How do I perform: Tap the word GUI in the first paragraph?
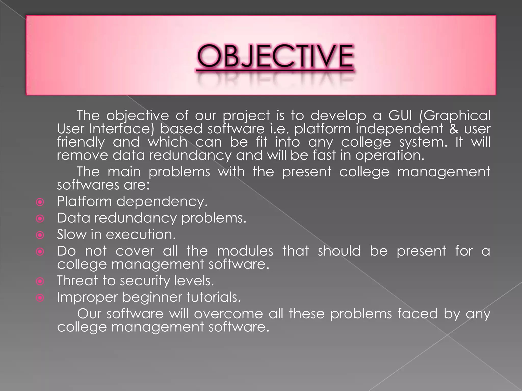pyautogui.click(x=400, y=116)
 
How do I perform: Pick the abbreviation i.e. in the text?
pyautogui.click(x=279, y=129)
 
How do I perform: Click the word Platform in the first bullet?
pyautogui.click(x=84, y=202)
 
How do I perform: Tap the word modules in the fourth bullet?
pyautogui.click(x=245, y=251)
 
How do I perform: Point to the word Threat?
pyautogui.click(x=77, y=281)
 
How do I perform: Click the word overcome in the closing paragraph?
pyautogui.click(x=228, y=314)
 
